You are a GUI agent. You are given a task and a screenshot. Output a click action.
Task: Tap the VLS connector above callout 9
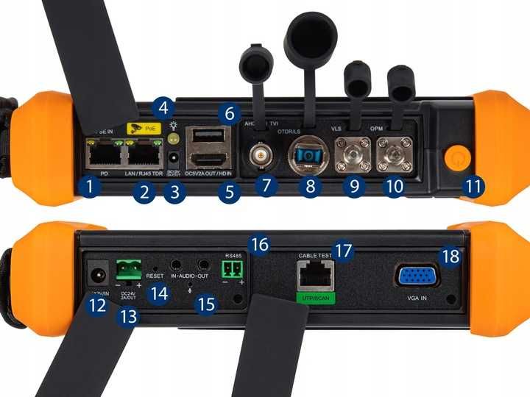354,155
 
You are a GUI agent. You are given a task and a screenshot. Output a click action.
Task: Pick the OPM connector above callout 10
395,155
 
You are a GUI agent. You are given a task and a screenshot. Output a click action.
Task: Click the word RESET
155,276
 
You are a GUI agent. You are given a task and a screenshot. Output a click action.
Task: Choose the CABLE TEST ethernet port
316,277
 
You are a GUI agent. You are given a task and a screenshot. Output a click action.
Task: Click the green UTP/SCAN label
316,298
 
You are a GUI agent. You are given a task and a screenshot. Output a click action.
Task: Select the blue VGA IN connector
418,277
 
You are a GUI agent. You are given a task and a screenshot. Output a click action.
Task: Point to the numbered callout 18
451,257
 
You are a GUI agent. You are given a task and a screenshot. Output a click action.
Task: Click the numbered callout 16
258,243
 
